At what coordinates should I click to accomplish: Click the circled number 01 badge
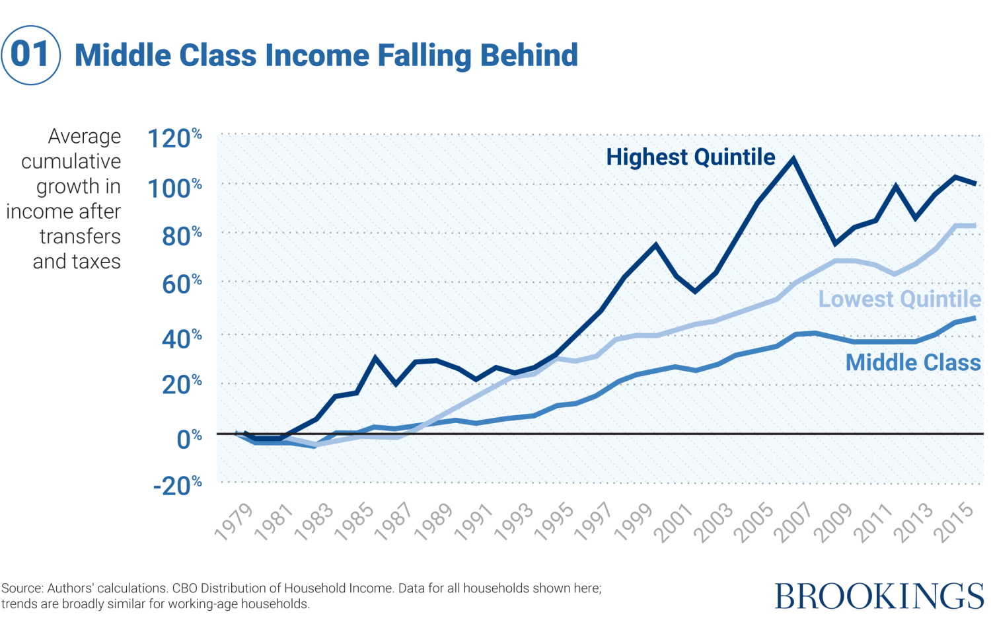coord(31,55)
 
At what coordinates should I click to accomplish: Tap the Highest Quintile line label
coord(690,157)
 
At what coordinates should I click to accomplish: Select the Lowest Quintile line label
coord(899,299)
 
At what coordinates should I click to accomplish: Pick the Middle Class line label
coord(913,362)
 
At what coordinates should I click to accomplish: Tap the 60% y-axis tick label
coord(181,285)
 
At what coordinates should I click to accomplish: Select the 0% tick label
coord(189,438)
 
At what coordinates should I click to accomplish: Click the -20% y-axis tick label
coord(177,486)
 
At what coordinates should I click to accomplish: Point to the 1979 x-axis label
coord(235,522)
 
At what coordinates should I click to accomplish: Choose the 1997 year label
coord(594,522)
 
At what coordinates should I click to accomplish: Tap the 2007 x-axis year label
coord(794,522)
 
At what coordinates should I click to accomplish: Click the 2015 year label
coord(955,522)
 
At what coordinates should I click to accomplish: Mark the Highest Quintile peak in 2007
coord(793,159)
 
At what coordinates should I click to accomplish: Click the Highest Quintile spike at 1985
coord(375,358)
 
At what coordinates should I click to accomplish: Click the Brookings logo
coord(879,596)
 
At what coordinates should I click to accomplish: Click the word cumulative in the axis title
coord(71,161)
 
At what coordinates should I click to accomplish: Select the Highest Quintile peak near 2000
coord(656,245)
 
